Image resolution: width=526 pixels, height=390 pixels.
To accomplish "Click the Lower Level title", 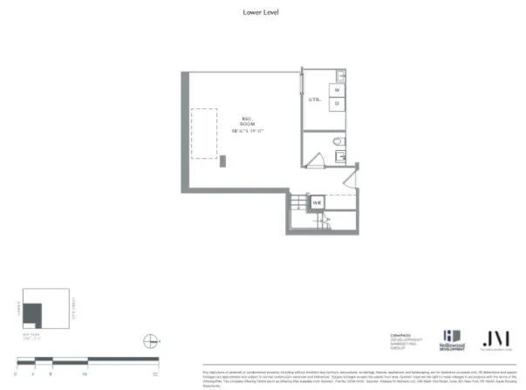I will pyautogui.click(x=263, y=12).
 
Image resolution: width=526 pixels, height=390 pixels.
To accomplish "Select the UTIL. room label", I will pyautogui.click(x=314, y=99).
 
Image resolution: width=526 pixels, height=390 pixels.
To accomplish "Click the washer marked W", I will pyautogui.click(x=337, y=89).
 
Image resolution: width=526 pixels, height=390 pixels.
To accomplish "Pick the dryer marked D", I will pyautogui.click(x=337, y=103).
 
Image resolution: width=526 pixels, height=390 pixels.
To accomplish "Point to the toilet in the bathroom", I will pyautogui.click(x=341, y=142).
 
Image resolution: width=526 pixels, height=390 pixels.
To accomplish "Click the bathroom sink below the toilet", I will pyautogui.click(x=340, y=157).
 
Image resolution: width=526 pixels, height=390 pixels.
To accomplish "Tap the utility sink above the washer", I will pyautogui.click(x=341, y=77).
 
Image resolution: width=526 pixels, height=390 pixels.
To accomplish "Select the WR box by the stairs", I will pyautogui.click(x=318, y=203).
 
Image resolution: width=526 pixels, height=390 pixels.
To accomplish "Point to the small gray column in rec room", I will pyautogui.click(x=223, y=161).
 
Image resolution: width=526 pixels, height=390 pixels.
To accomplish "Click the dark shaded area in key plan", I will pyautogui.click(x=32, y=312).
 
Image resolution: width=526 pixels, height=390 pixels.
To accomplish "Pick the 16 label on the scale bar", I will pyautogui.click(x=85, y=373).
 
